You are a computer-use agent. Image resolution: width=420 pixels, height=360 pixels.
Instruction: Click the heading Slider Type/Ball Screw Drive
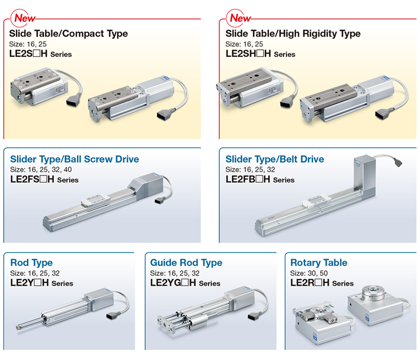[x=74, y=159]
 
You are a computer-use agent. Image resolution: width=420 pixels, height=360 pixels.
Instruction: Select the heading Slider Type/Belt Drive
[x=275, y=159]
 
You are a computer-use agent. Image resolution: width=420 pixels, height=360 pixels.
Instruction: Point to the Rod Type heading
[x=32, y=263]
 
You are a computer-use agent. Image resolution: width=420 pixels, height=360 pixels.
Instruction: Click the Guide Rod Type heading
[x=186, y=263]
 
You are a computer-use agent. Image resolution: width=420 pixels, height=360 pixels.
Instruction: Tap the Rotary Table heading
[x=319, y=263]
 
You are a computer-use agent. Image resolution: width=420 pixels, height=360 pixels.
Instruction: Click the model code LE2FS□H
[x=32, y=179]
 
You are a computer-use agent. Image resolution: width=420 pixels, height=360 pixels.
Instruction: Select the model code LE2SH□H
[x=248, y=54]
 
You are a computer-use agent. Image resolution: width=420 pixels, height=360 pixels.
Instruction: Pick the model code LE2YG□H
[x=173, y=283]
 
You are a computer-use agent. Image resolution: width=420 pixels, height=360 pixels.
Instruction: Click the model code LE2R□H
[x=310, y=283]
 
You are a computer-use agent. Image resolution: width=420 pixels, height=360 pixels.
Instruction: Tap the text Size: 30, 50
[x=309, y=273]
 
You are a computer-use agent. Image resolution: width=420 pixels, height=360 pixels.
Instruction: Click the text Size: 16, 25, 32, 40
[x=41, y=169]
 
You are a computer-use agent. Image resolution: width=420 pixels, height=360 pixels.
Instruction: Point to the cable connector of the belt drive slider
[x=397, y=162]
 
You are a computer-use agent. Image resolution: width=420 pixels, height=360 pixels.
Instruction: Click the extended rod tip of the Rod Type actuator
[x=19, y=327]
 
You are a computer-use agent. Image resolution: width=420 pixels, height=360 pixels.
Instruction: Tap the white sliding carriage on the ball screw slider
[x=95, y=200]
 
